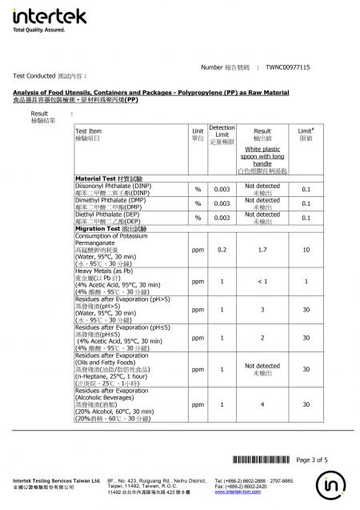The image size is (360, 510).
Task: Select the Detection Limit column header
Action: (222, 134)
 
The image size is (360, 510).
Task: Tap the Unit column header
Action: (197, 134)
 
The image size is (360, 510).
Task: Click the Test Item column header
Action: (89, 134)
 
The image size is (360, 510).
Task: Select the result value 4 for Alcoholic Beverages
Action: (262, 404)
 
